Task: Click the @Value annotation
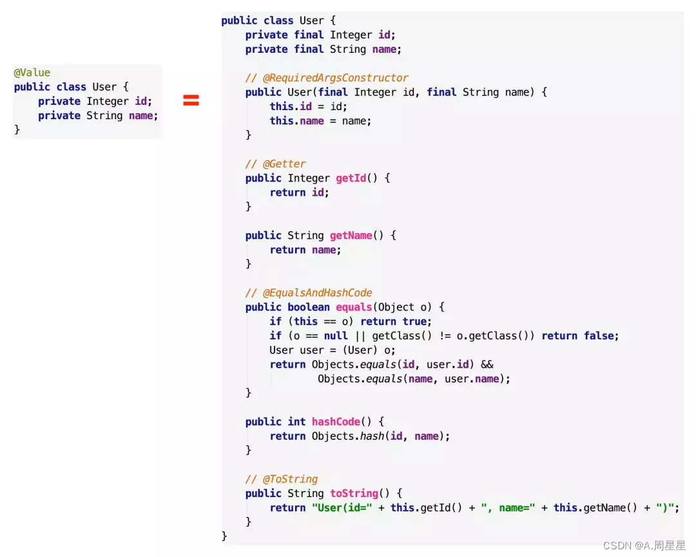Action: point(32,73)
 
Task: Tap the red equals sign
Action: point(191,100)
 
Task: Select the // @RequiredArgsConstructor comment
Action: point(327,78)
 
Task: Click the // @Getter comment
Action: point(276,164)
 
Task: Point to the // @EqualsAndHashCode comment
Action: point(309,293)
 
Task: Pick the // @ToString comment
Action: point(282,479)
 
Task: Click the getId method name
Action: point(351,178)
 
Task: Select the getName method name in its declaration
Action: point(351,236)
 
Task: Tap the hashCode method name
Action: point(336,422)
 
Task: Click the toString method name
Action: point(354,493)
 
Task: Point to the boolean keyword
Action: point(309,307)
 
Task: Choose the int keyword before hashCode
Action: point(296,422)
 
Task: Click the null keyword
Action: point(336,335)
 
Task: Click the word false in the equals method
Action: point(599,335)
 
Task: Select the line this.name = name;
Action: point(320,120)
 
